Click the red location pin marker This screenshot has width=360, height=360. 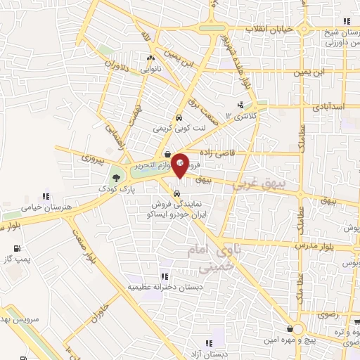(x=179, y=165)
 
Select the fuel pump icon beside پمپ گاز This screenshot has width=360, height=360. (x=16, y=247)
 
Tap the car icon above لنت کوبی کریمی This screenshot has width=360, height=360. (x=179, y=117)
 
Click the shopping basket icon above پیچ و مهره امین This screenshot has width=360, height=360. (x=290, y=329)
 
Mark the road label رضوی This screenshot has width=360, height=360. (x=328, y=311)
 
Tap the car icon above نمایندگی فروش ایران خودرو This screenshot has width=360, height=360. (x=177, y=191)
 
